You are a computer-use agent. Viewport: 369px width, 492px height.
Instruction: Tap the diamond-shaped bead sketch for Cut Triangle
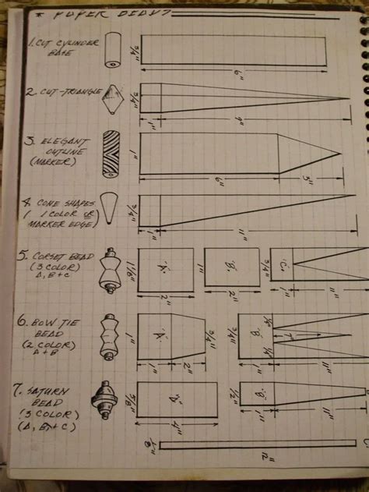coord(115,99)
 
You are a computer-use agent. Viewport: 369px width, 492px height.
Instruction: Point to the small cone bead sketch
coord(112,206)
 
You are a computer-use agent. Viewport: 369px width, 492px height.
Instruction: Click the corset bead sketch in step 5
coord(109,271)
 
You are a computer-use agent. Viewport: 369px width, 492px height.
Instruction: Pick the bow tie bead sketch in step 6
coord(109,336)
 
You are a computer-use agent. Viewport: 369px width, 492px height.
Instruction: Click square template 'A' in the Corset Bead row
coord(166,270)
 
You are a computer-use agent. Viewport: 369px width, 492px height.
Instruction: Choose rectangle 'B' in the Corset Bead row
coord(232,270)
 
